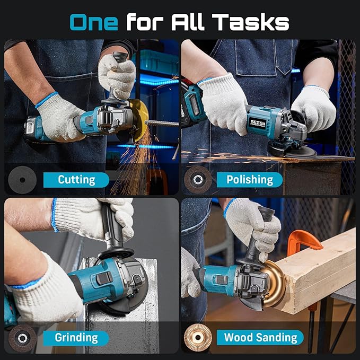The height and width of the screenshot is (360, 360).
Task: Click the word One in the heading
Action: coord(94,22)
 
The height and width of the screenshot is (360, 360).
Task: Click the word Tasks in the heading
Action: coord(252,22)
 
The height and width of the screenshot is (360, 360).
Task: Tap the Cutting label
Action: coord(76,179)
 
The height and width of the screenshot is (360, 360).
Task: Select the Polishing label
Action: coord(250,179)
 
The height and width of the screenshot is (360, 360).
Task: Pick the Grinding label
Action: coord(76,337)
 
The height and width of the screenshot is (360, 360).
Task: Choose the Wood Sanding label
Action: coord(260,337)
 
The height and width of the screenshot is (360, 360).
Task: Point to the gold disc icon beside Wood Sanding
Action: coord(198,337)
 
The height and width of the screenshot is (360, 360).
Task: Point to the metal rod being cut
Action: coord(162,123)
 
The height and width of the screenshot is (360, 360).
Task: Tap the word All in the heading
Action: coord(188,22)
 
